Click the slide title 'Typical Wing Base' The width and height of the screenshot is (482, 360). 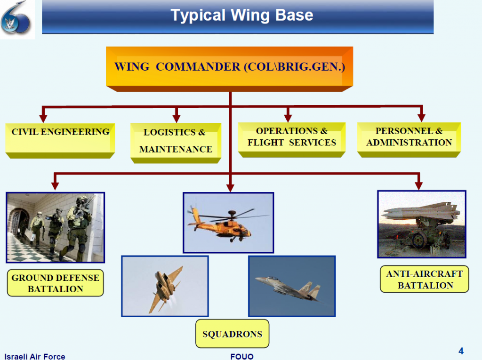tap(241, 16)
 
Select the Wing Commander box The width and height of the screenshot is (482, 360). tap(230, 66)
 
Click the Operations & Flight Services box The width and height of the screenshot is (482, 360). tap(292, 137)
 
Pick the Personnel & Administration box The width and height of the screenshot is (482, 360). tap(409, 137)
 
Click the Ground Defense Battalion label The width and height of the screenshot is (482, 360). tap(56, 283)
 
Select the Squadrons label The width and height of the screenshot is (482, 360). tap(232, 334)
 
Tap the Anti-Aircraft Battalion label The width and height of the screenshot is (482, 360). tap(425, 280)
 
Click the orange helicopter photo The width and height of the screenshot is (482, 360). tap(228, 223)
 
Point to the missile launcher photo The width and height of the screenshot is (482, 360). tap(422, 224)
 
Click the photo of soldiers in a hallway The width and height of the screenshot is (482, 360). tap(56, 227)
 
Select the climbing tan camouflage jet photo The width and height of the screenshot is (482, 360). tap(165, 286)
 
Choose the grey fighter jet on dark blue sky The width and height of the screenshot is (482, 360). tap(292, 286)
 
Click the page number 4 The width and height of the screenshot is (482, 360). tap(461, 351)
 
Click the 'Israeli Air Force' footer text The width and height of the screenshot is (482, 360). tap(35, 356)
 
